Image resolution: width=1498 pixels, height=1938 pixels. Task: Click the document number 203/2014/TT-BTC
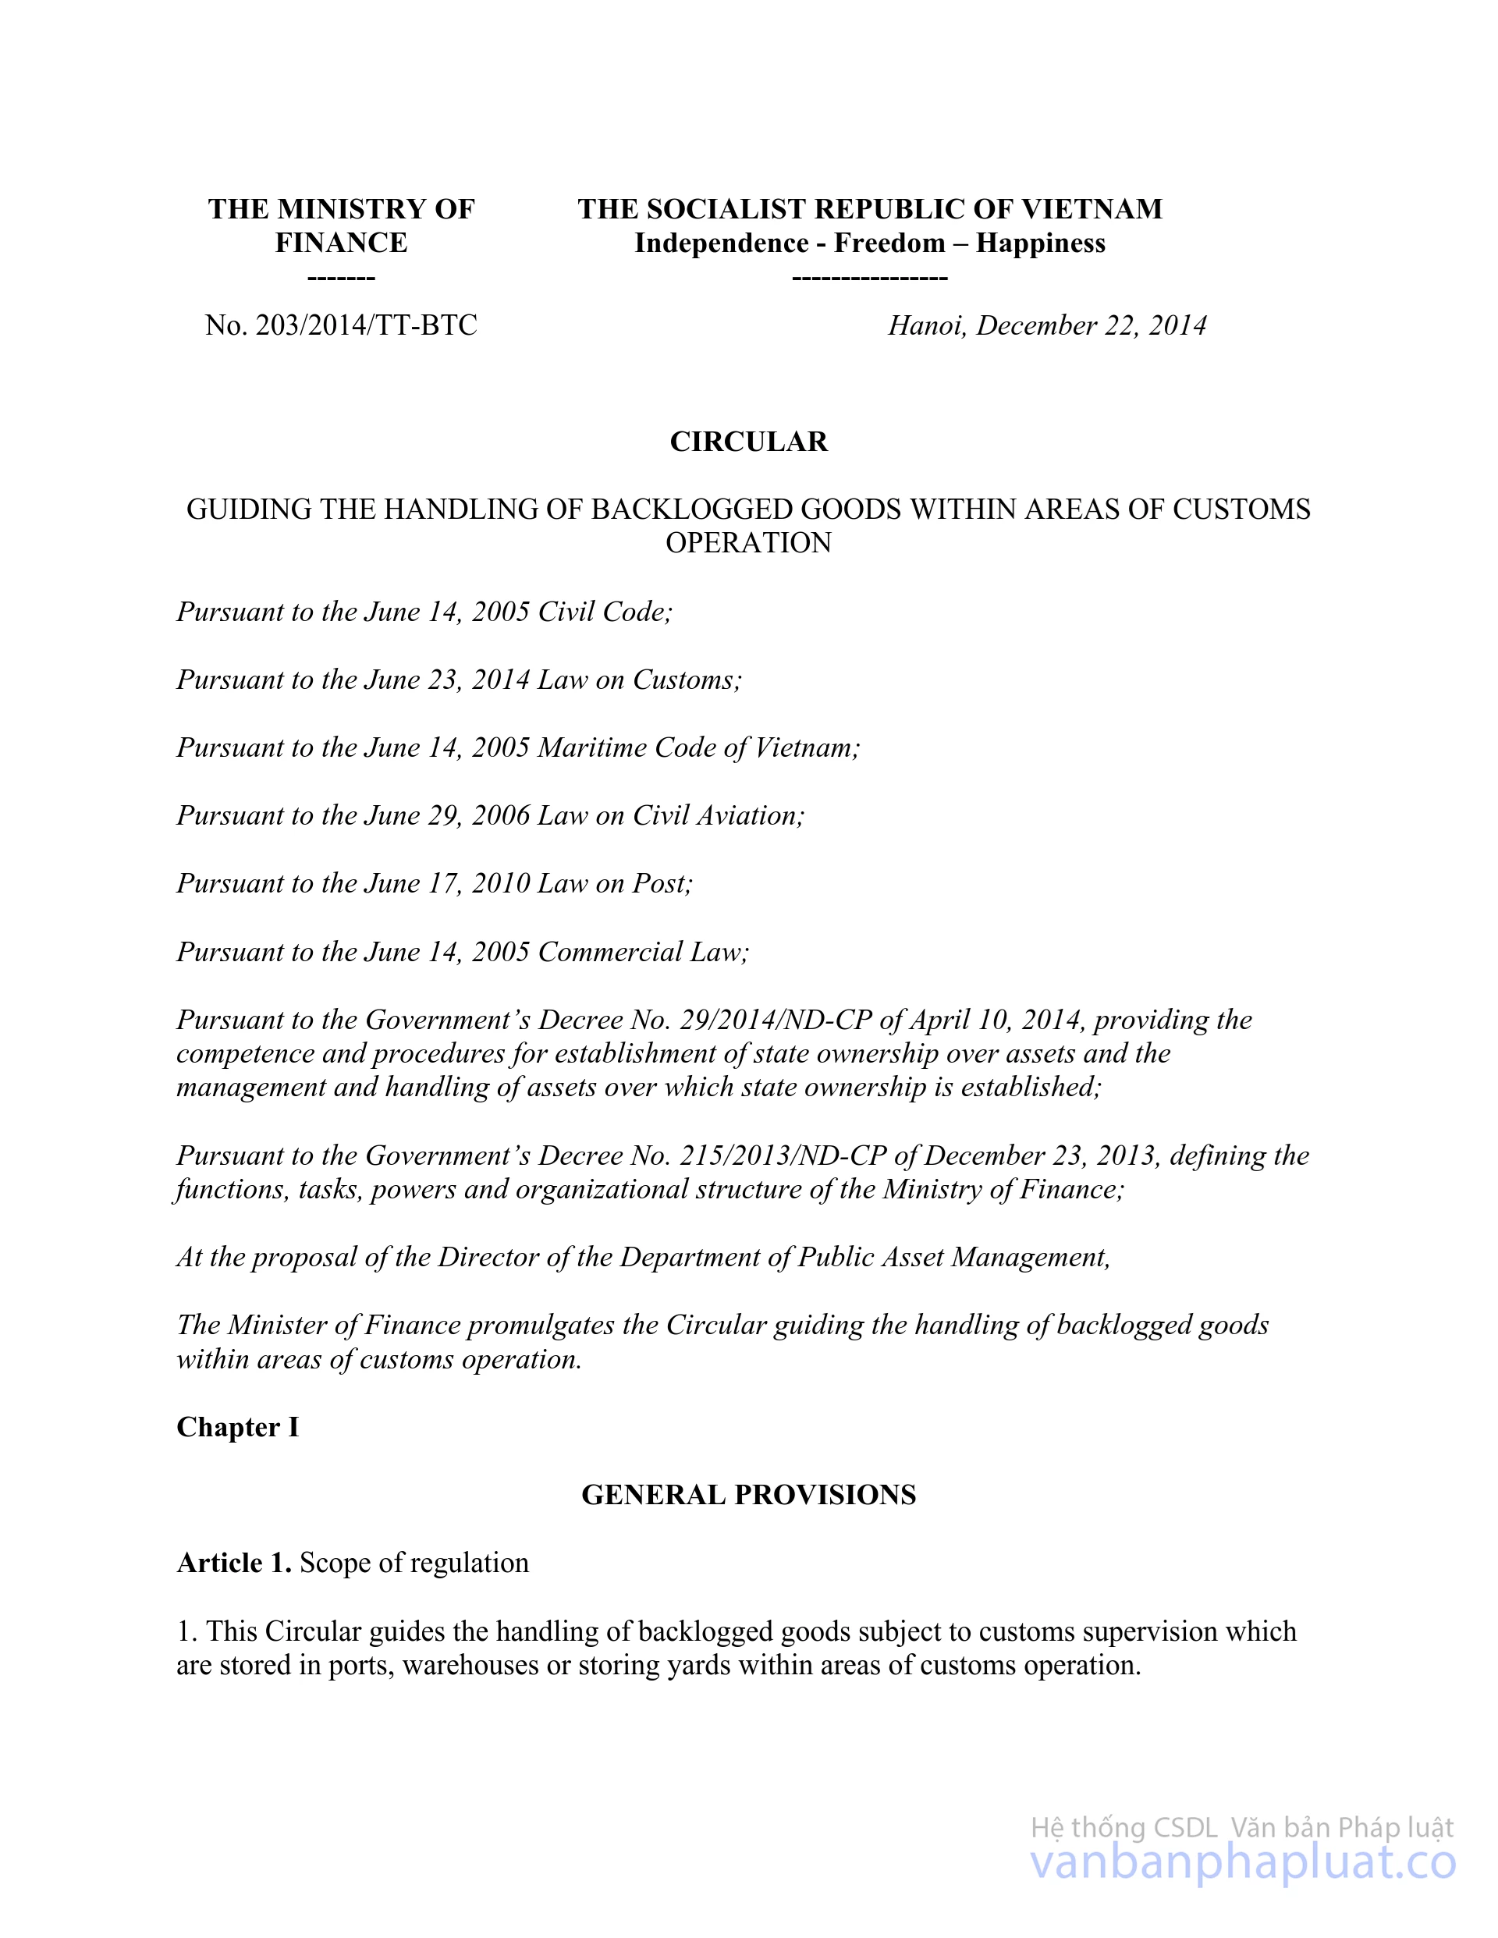tap(366, 325)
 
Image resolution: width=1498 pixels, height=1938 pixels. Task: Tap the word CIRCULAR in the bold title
tap(748, 441)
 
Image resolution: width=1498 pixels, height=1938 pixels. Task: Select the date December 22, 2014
tap(1091, 325)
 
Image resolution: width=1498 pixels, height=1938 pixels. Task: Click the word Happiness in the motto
tap(1040, 243)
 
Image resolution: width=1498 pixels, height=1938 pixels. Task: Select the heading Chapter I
tap(237, 1427)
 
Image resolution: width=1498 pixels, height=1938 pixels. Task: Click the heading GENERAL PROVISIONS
tap(748, 1494)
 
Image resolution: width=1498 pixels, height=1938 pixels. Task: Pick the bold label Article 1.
tap(233, 1563)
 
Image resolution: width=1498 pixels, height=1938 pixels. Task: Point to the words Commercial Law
tap(643, 951)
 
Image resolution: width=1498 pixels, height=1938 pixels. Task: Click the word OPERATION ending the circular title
tap(748, 542)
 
